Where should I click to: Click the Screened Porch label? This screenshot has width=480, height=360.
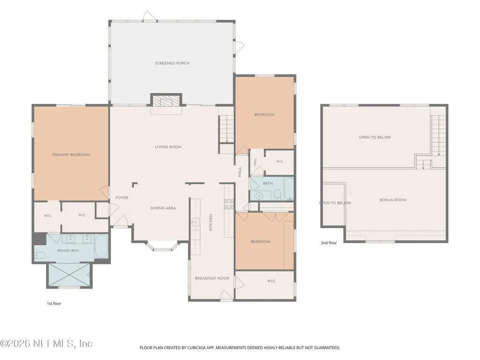coord(172,63)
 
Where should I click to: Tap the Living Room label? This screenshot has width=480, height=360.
coord(168,147)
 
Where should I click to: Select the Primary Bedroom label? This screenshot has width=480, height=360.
coord(71,155)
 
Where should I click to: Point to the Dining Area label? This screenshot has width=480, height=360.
coord(163,208)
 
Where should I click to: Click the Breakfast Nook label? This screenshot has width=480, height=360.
coord(212,278)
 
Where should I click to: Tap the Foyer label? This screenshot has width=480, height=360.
coord(122,198)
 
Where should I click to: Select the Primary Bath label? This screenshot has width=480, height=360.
coord(68,250)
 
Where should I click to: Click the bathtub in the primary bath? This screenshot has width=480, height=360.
coord(101,246)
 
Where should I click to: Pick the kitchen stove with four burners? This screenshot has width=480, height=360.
coord(229,204)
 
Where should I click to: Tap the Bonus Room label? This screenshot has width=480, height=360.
coord(393,200)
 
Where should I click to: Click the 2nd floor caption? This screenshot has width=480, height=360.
coord(329,243)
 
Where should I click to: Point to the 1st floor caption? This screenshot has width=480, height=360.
coord(54,304)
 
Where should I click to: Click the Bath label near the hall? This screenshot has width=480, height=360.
coord(268,184)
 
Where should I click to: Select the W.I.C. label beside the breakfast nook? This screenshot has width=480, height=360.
coord(272,281)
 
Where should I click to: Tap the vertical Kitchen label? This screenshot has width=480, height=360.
coord(211,222)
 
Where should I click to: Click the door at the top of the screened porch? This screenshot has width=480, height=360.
coord(150,16)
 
